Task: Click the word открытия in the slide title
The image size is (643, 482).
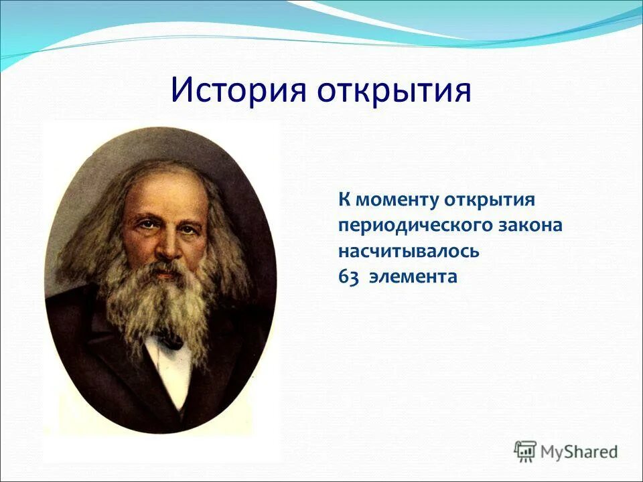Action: pos(394,92)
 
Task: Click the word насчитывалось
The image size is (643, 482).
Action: pos(409,252)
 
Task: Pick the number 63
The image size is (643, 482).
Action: pos(348,277)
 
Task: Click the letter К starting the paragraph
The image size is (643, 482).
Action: pos(344,199)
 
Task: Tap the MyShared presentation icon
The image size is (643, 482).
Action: pos(525,451)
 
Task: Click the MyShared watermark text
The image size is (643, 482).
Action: pos(579,452)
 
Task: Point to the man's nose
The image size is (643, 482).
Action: pos(169,245)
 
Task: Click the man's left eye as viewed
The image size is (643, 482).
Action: pos(145,224)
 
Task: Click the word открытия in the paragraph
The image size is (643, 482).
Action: pos(490,200)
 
